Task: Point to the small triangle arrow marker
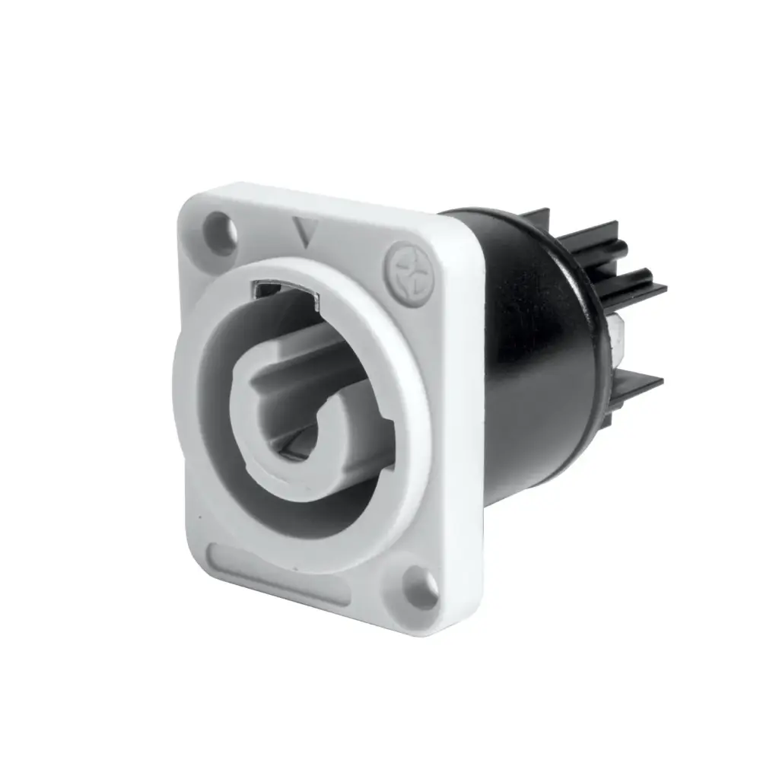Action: [306, 234]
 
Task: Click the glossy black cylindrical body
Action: [533, 380]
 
